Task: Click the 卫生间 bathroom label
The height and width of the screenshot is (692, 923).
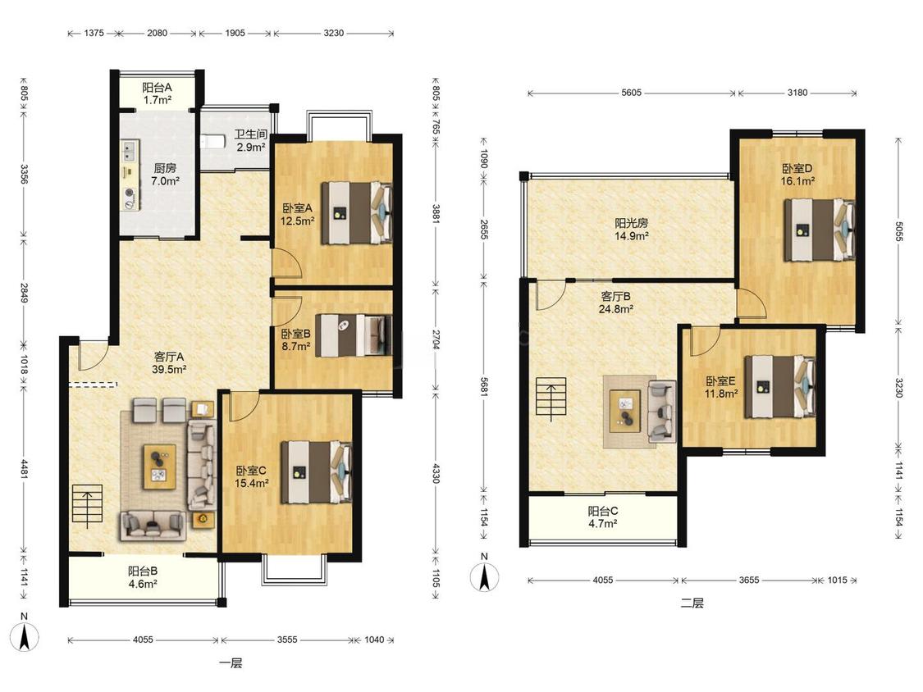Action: [x=251, y=134]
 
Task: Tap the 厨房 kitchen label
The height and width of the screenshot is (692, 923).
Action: [x=165, y=168]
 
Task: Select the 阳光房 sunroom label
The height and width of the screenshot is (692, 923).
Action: [x=632, y=223]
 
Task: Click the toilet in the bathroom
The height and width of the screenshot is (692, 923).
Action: [x=212, y=142]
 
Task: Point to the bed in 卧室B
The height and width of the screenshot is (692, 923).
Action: [x=354, y=335]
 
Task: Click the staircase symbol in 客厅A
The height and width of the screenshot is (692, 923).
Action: [x=88, y=505]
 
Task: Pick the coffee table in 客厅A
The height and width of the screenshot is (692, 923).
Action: [x=159, y=467]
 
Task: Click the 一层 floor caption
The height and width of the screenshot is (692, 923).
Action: [x=231, y=663]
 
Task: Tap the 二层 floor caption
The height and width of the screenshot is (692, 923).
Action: [x=692, y=603]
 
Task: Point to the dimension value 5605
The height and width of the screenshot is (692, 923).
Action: [x=631, y=93]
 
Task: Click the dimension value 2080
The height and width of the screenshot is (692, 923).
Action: [x=158, y=33]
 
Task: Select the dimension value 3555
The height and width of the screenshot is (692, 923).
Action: [x=287, y=640]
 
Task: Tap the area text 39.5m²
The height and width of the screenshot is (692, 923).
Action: [x=170, y=370]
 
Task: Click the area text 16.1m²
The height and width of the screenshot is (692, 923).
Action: [x=797, y=181]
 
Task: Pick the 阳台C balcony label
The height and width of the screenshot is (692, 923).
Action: [x=603, y=511]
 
